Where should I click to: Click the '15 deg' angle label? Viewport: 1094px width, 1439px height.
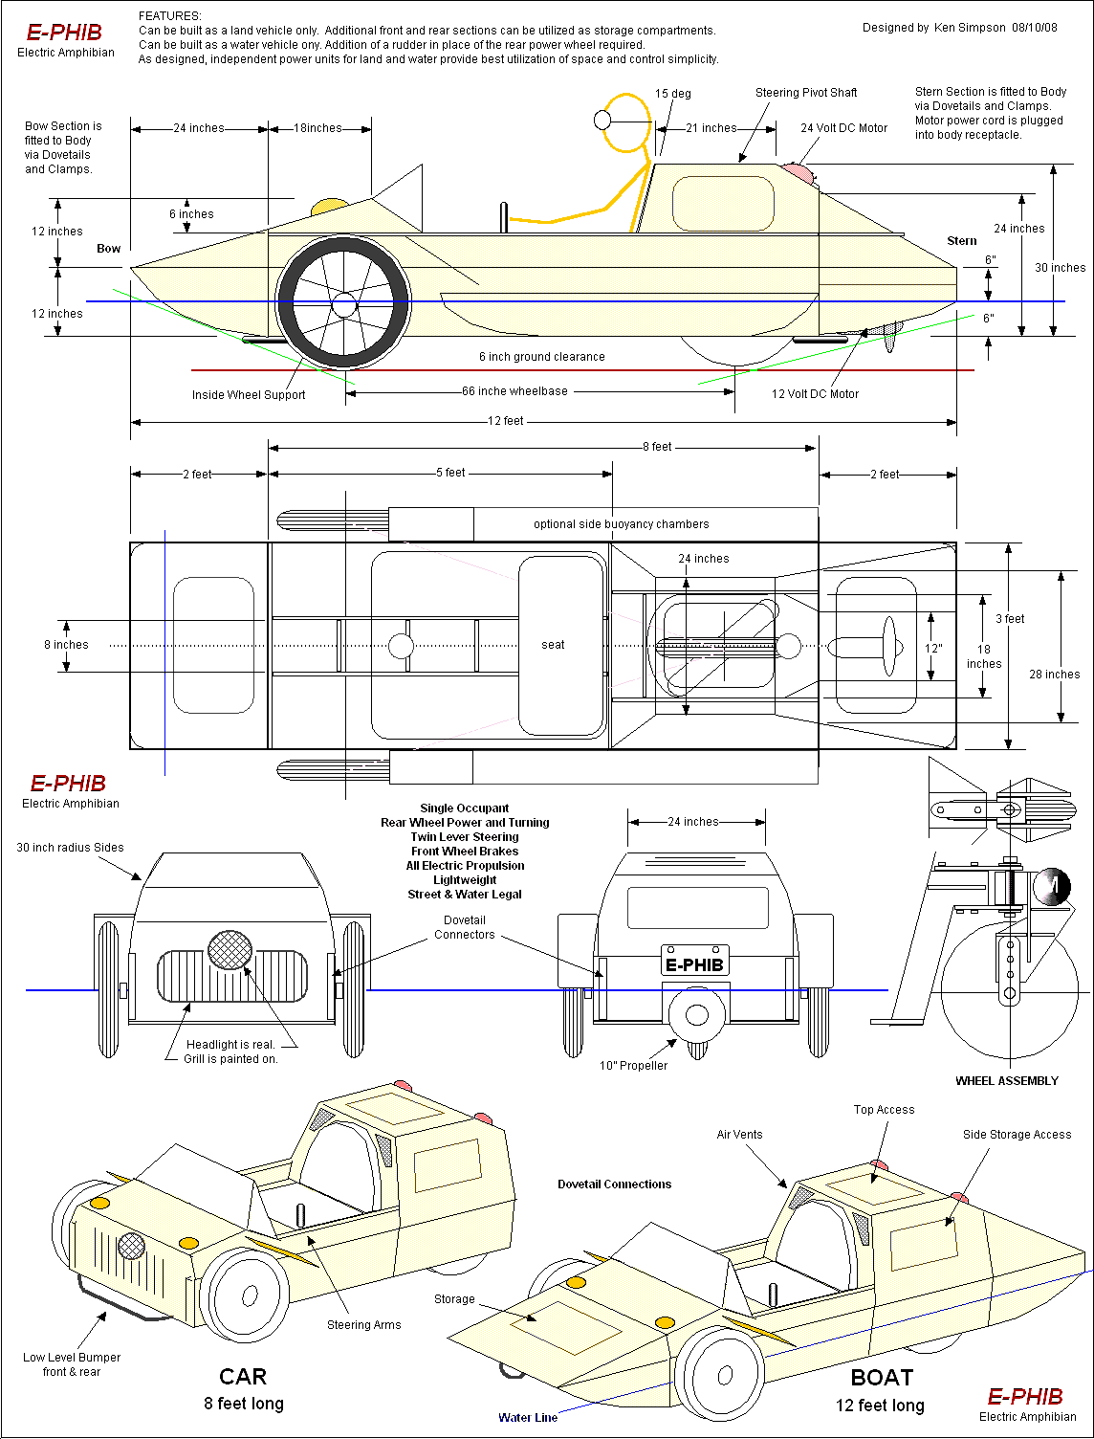[x=672, y=94]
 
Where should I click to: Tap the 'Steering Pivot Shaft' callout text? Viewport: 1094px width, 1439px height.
[x=806, y=93]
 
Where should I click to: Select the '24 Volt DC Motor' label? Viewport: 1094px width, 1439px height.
[x=843, y=128]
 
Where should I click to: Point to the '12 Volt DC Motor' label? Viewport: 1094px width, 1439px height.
[x=815, y=394]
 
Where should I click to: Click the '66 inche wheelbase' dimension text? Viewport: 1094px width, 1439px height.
[x=514, y=391]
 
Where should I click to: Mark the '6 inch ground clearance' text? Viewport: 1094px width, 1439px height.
[x=541, y=357]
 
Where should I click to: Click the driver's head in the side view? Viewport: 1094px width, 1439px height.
[x=602, y=120]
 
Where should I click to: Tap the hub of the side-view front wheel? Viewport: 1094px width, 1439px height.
[x=344, y=305]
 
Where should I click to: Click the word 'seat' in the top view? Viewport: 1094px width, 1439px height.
[x=553, y=645]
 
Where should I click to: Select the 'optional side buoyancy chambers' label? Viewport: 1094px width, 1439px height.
[x=621, y=524]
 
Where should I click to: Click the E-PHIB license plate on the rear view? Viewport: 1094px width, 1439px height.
[x=694, y=964]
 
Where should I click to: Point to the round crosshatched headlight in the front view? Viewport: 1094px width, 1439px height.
[x=230, y=950]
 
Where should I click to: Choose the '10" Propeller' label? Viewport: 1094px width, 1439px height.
[x=633, y=1066]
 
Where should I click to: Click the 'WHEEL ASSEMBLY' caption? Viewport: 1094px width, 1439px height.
[x=1007, y=1081]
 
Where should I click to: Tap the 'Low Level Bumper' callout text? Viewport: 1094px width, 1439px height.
[x=72, y=1358]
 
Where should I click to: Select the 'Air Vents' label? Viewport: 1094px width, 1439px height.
[x=739, y=1135]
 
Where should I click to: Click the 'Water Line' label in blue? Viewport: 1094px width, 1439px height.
[x=528, y=1418]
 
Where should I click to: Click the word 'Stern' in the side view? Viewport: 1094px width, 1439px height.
[x=961, y=241]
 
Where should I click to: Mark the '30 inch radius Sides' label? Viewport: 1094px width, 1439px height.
[x=70, y=848]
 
